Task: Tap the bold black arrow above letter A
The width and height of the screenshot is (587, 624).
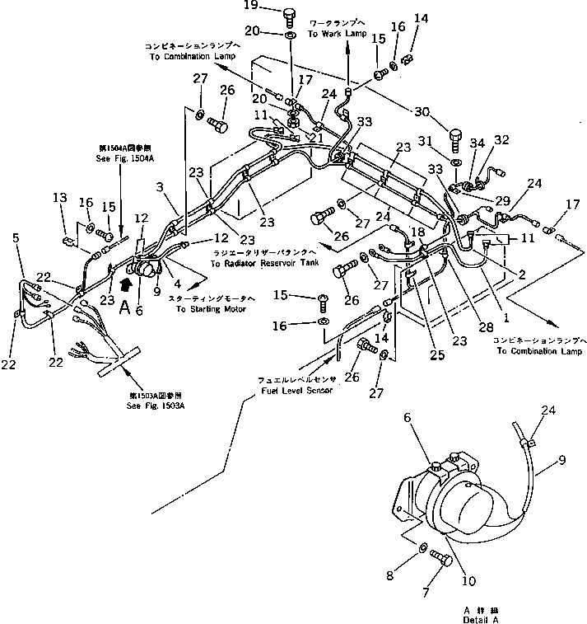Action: point(125,285)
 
